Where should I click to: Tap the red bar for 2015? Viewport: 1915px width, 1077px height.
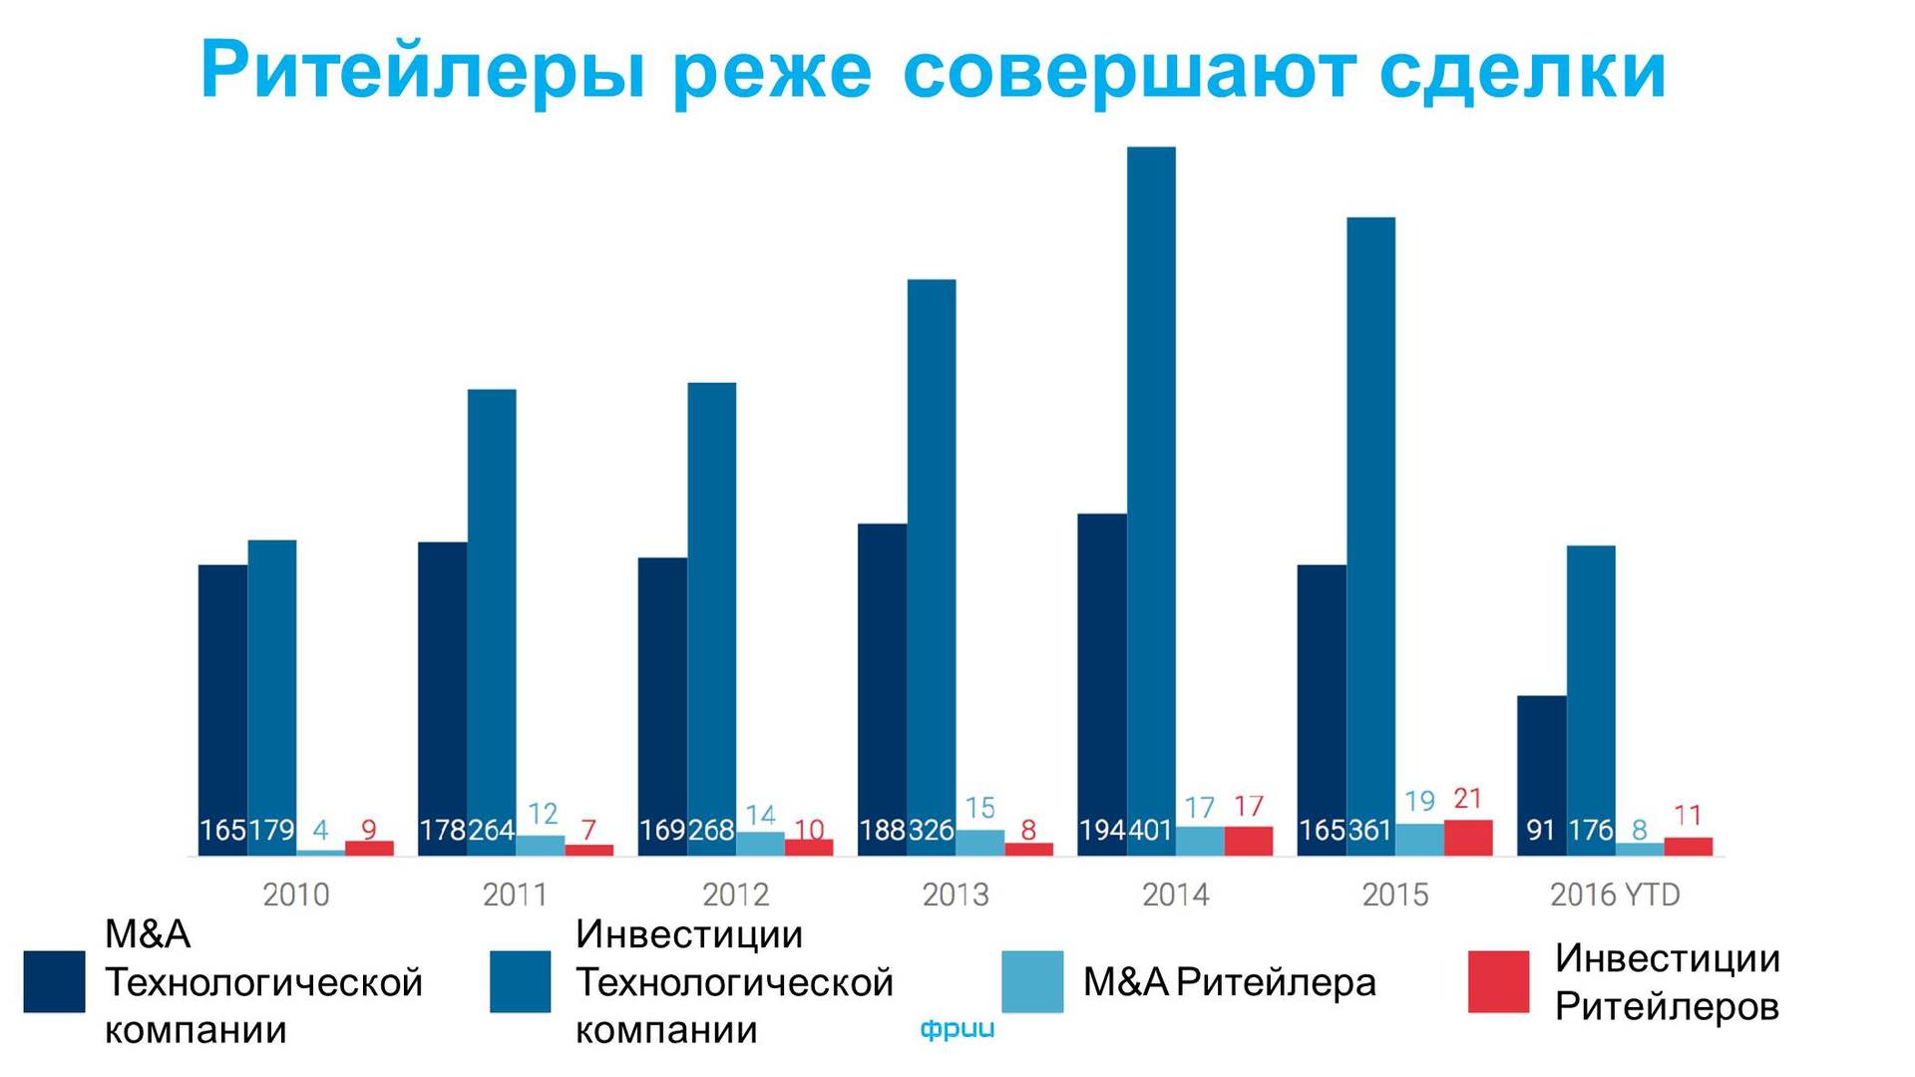(1468, 838)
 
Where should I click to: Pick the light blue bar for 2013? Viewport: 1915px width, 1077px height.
(979, 843)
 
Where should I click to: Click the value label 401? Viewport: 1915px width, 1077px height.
(1150, 830)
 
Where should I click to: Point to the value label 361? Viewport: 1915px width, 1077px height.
(1369, 830)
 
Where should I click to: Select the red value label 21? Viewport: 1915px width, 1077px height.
(1467, 799)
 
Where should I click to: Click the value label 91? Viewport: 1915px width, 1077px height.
(1540, 830)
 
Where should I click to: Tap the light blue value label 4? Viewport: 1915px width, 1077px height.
(320, 830)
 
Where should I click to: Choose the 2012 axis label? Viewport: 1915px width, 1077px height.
(735, 895)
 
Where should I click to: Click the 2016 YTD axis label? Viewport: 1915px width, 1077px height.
(1614, 895)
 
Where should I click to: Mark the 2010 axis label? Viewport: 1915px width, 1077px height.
(295, 895)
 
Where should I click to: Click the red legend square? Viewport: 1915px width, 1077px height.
(1498, 981)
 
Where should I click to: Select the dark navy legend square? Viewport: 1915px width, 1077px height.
(54, 981)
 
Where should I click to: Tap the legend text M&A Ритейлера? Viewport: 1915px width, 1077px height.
(1229, 983)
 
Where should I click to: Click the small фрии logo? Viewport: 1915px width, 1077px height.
(957, 1029)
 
